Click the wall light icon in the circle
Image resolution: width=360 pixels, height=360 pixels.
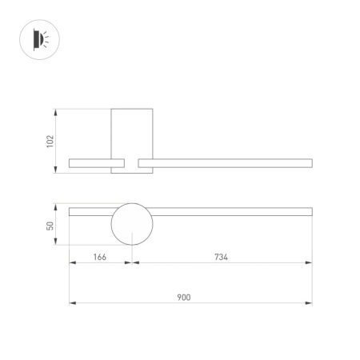[x=38, y=38]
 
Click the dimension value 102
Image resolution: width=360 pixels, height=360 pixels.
[x=50, y=141]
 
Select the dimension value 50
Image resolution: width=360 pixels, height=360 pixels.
[x=50, y=226]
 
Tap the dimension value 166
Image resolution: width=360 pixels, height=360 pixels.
[x=100, y=257]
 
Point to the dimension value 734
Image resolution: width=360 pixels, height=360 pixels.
[x=222, y=257]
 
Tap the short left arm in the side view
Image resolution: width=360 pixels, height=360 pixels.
[x=90, y=163]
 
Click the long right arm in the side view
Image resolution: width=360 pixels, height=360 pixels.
[x=225, y=163]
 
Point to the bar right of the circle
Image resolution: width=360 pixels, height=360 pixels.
[x=232, y=212]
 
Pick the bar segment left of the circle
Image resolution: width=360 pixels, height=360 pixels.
[x=90, y=212]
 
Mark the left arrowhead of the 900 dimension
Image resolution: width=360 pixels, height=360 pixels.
[x=72, y=303]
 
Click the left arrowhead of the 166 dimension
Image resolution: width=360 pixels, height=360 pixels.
[x=72, y=263]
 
